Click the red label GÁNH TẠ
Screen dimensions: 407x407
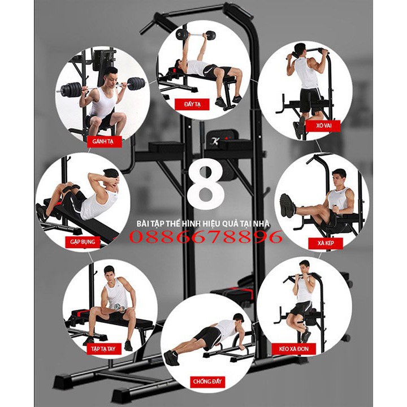pyautogui.click(x=103, y=141)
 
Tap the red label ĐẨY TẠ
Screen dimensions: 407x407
pyautogui.click(x=201, y=103)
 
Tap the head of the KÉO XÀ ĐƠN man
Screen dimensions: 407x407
pyautogui.click(x=305, y=266)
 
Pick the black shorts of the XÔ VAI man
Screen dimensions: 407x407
pyautogui.click(x=308, y=99)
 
